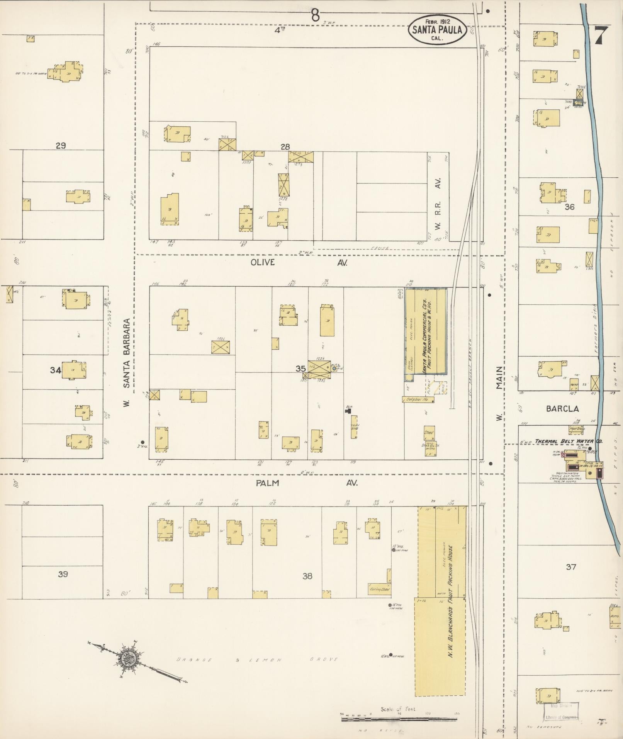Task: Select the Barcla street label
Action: click(562, 409)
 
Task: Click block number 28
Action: click(285, 147)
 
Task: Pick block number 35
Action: click(300, 369)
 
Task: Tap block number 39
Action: click(63, 574)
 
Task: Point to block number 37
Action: click(571, 567)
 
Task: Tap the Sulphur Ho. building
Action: click(418, 399)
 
